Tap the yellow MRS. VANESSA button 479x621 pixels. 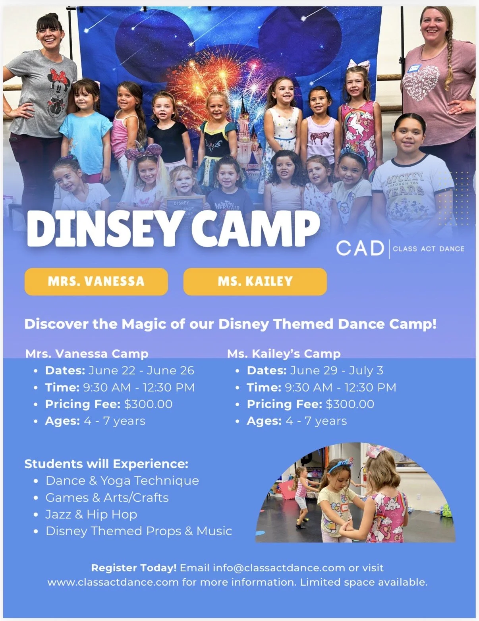(96, 282)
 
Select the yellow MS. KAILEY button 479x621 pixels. (255, 282)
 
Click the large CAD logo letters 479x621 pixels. (360, 249)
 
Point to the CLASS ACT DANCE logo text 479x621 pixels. (429, 249)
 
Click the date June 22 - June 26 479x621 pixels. (141, 370)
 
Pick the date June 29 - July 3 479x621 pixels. (336, 370)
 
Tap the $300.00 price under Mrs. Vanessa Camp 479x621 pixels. (148, 404)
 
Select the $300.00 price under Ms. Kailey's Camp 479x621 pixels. (350, 404)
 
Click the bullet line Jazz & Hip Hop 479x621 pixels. (91, 514)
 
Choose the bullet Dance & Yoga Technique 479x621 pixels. (122, 480)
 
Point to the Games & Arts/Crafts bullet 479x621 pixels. (107, 498)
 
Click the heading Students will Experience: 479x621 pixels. (106, 464)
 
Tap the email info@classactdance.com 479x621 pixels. (279, 568)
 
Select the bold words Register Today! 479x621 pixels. (134, 568)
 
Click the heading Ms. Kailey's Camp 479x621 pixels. (284, 353)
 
